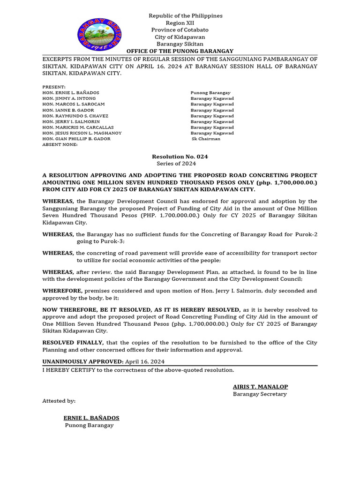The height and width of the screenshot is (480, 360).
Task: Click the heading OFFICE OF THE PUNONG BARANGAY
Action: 180,51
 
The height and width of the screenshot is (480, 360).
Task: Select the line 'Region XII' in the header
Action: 180,23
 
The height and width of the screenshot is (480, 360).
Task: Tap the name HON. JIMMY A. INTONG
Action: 69,98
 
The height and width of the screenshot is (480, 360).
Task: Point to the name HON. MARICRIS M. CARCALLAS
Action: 78,127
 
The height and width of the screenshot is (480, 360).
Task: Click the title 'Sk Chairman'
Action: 206,139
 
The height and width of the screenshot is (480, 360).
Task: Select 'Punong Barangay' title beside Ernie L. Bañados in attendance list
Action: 210,93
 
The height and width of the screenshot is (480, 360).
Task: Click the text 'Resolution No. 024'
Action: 180,157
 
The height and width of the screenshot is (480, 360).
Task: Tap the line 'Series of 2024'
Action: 176,164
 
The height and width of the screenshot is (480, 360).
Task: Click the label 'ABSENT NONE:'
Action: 60,144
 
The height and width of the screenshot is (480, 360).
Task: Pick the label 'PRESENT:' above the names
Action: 54,87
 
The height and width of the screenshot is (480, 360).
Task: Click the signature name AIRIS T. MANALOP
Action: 260,387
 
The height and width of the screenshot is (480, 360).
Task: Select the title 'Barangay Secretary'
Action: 260,394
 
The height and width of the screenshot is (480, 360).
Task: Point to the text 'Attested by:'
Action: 59,401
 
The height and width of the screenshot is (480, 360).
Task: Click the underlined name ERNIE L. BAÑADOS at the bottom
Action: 91,418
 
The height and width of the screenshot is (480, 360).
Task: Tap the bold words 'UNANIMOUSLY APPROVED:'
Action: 83,361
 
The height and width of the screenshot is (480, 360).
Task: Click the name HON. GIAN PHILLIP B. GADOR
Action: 76,139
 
